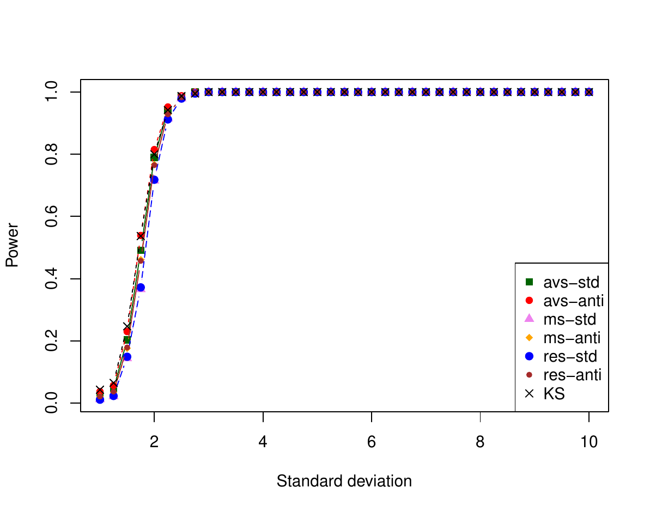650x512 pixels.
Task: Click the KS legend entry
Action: coord(554,394)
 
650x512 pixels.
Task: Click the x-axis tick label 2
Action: coord(154,441)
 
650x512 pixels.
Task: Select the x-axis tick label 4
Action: coord(263,441)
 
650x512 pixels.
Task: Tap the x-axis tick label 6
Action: coord(372,441)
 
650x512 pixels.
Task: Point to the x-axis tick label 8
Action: coord(480,441)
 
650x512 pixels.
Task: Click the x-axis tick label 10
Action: coord(588,441)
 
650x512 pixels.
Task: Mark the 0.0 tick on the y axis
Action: coord(52,403)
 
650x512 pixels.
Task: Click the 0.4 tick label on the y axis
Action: coord(52,279)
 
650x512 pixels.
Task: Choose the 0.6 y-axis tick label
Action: coord(52,216)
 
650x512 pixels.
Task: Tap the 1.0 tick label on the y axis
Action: coord(52,92)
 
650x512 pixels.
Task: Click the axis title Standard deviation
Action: coord(344,481)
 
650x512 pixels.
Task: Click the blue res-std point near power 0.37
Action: coord(141,287)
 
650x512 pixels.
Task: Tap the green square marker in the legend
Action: coord(528,282)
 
